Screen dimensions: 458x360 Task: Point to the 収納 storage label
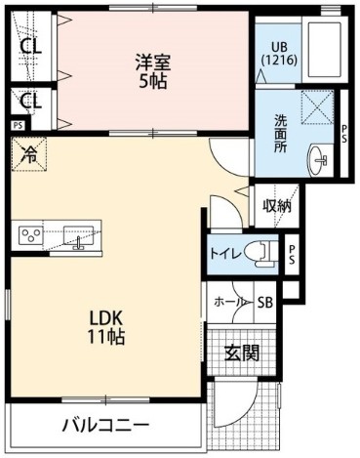pyautogui.click(x=276, y=205)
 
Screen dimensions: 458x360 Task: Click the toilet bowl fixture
pyautogui.click(x=261, y=252)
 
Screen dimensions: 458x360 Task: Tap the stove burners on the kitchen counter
pyautogui.click(x=29, y=234)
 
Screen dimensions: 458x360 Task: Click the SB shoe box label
pyautogui.click(x=264, y=302)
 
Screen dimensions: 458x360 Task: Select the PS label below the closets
pyautogui.click(x=18, y=125)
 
